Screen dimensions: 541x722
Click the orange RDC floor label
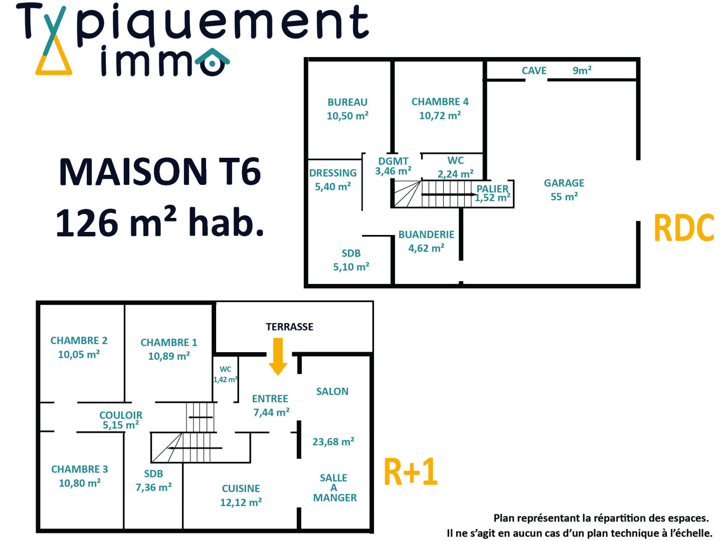coord(684,228)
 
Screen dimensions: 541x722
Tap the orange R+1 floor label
coord(411,472)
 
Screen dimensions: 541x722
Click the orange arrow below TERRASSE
coord(278,356)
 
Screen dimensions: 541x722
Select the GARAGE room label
coord(564,183)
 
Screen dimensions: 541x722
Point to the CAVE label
coord(534,71)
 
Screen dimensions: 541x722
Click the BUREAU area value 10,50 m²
coord(347,116)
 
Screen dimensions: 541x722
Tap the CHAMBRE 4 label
coord(440,102)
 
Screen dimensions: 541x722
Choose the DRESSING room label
coord(333,173)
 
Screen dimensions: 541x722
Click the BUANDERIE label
coord(426,234)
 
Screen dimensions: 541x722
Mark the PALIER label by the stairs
coord(492,189)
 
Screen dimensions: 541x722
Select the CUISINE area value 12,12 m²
coord(241,502)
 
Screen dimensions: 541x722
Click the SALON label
coord(332,392)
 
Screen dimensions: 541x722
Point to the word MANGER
coord(335,498)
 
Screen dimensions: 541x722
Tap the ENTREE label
coord(270,399)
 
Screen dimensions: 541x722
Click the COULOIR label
coord(121,415)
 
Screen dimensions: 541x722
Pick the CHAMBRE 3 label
coord(79,469)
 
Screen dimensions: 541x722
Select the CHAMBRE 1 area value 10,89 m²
coord(169,356)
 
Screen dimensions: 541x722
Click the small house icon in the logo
coord(212,62)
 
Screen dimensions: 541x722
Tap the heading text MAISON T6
coord(160,172)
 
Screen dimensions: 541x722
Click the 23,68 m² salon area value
coord(333,442)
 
